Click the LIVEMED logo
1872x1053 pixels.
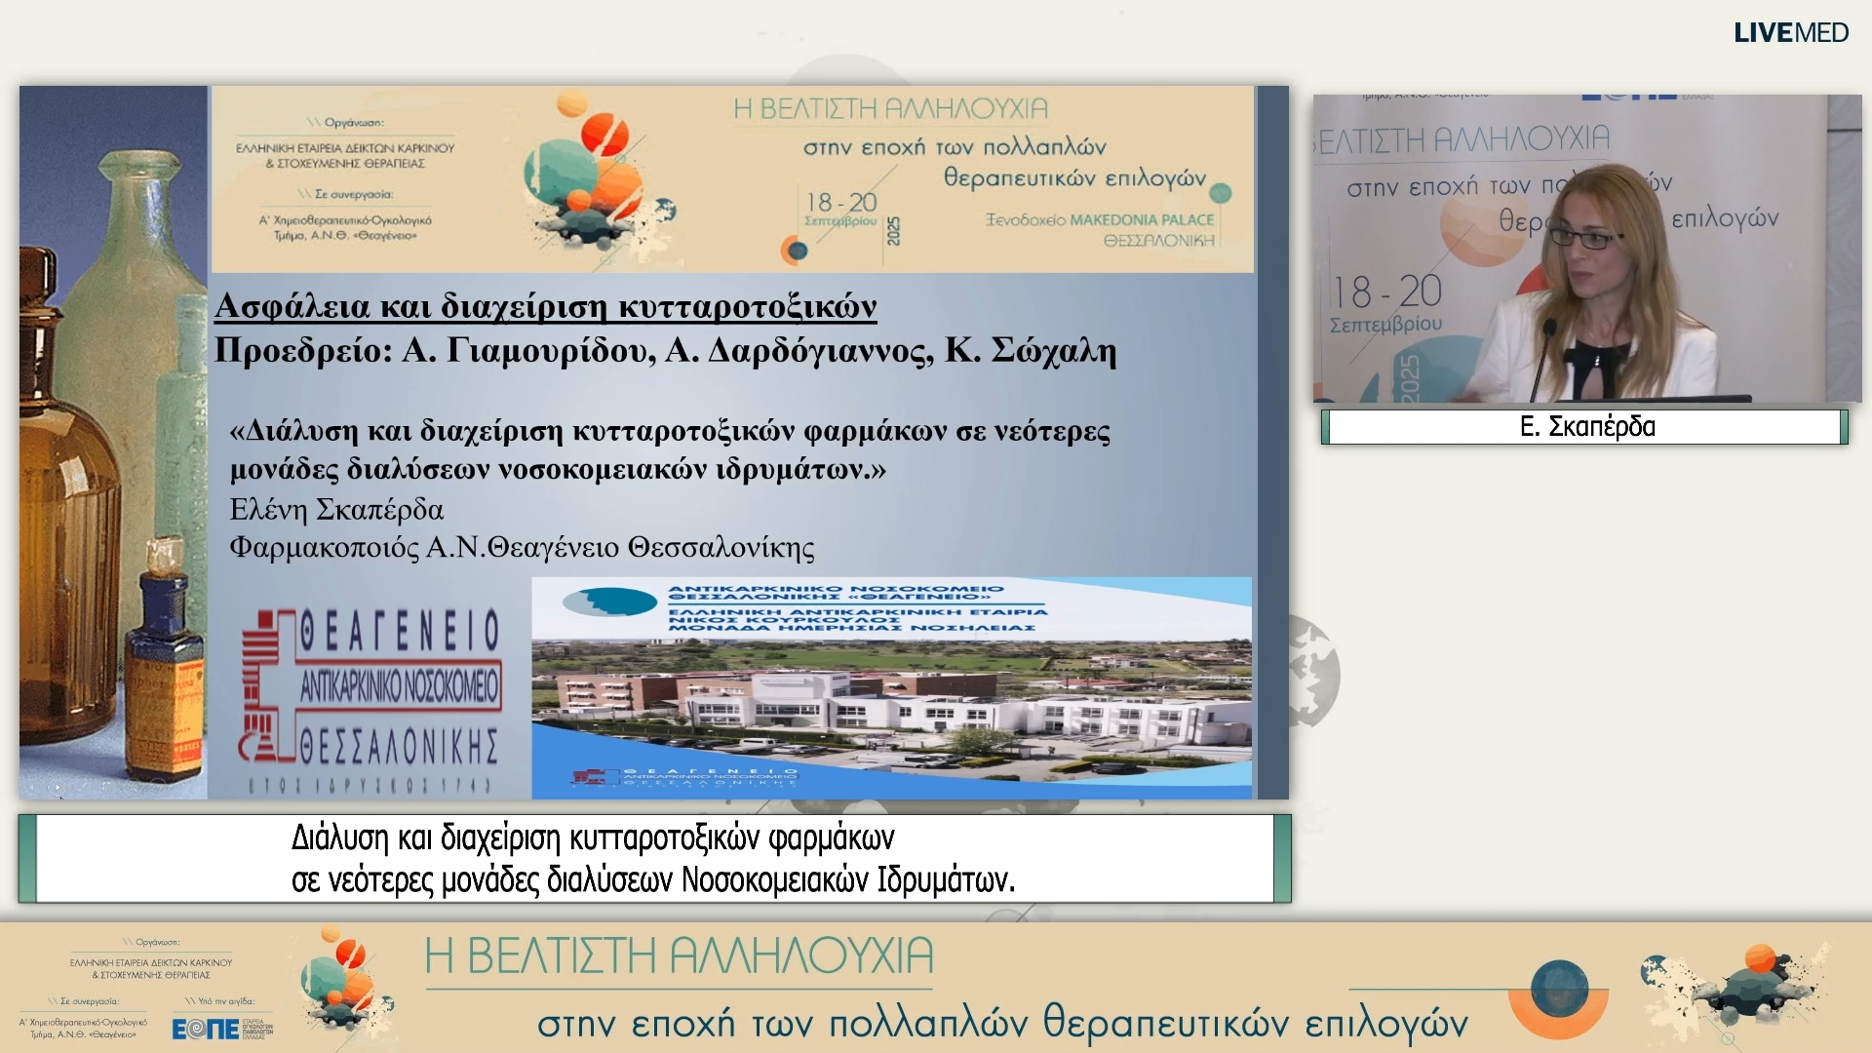click(x=1790, y=32)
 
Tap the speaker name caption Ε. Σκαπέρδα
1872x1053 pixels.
click(x=1587, y=427)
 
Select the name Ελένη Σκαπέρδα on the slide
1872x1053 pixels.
click(x=336, y=510)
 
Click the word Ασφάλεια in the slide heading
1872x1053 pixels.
click(x=292, y=306)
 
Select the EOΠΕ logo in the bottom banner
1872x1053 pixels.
click(x=206, y=1029)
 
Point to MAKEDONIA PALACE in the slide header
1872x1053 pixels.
click(x=1142, y=220)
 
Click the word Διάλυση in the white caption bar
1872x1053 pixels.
click(x=339, y=838)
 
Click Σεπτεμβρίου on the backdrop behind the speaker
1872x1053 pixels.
click(x=1385, y=324)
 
